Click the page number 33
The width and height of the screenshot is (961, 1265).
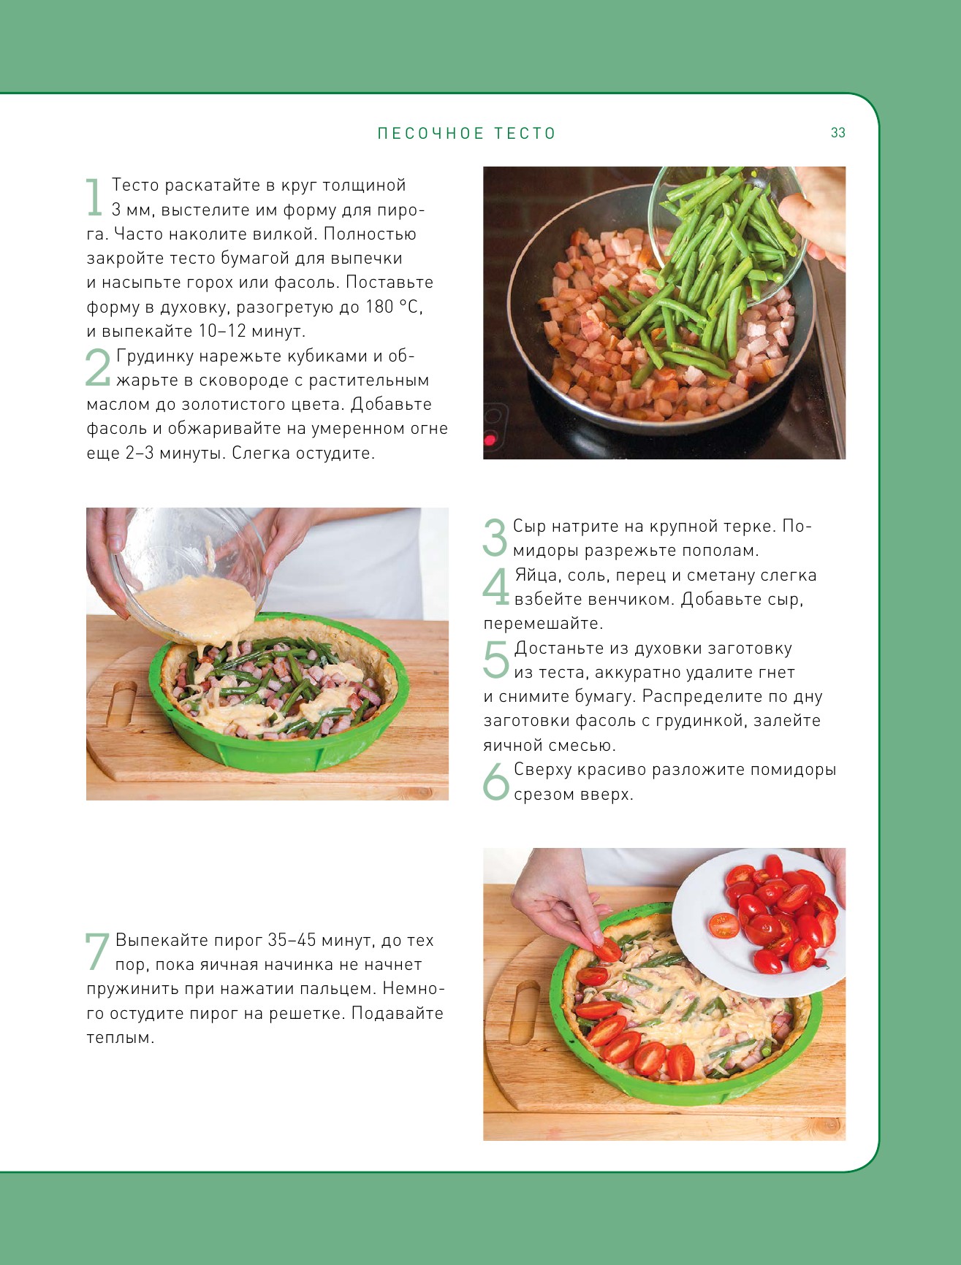(837, 133)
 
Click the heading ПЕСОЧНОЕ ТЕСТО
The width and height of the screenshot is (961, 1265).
(467, 134)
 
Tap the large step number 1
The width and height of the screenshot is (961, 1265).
(94, 197)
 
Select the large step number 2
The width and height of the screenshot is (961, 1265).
(98, 367)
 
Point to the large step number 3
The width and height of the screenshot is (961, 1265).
(495, 538)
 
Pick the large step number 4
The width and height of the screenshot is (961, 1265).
(495, 586)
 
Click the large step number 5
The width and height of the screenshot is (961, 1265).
(495, 660)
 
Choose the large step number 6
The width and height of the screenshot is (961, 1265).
(495, 781)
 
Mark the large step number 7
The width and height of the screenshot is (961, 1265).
(98, 952)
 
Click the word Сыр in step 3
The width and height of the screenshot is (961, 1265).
(529, 527)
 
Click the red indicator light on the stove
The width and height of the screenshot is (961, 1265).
(489, 440)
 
